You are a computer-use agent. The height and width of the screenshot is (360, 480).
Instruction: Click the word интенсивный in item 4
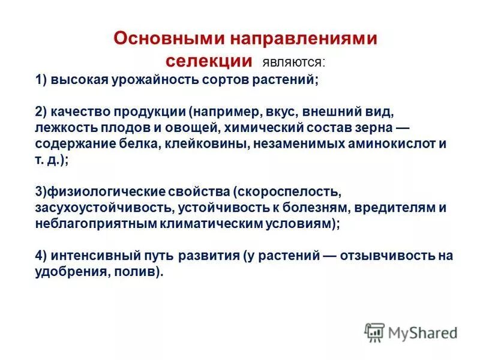pyautogui.click(x=95, y=255)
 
